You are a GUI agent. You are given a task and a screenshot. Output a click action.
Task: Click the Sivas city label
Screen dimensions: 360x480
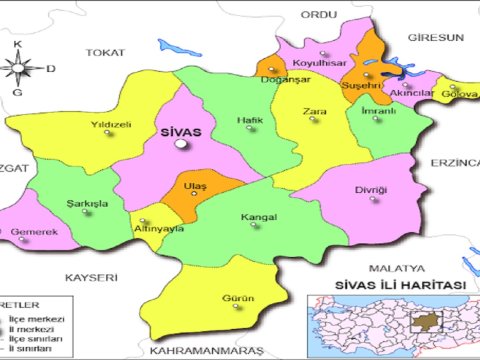coord(181,131)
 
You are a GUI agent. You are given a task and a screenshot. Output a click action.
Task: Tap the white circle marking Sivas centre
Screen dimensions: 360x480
coord(181,145)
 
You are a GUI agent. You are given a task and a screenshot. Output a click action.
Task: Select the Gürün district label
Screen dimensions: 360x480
coord(240,298)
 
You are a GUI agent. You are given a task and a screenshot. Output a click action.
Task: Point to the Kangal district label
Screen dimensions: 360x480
coord(258,216)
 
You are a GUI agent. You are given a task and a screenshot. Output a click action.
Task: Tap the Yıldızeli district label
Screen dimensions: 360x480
coord(112,125)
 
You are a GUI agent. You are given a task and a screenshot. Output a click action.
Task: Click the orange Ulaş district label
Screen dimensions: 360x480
coord(195,186)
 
